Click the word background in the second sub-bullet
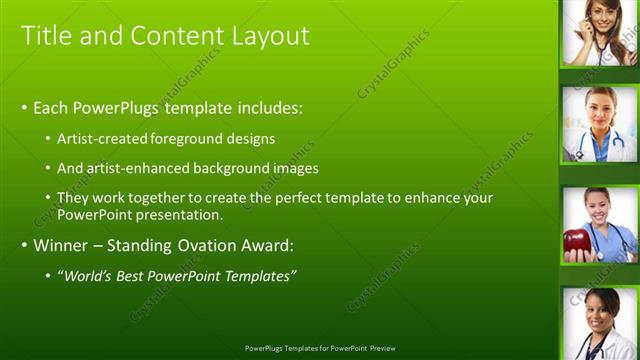click(243, 168)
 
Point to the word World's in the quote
click(84, 275)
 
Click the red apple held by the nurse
click(577, 241)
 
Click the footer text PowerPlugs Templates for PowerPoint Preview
click(320, 349)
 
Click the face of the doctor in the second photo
click(599, 111)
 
